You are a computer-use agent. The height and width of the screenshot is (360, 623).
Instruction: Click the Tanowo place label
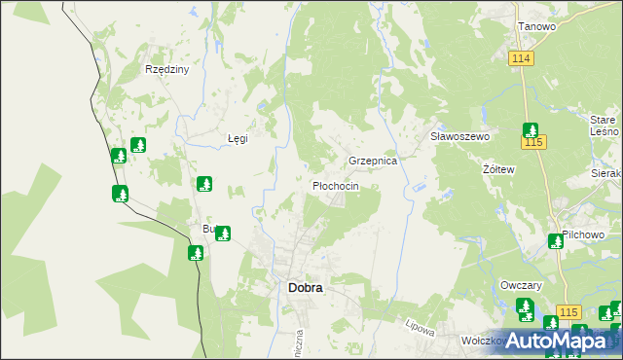pyautogui.click(x=536, y=26)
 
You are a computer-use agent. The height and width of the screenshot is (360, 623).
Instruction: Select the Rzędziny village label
pyautogui.click(x=166, y=70)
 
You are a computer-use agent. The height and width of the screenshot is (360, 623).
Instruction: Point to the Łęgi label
pyautogui.click(x=238, y=138)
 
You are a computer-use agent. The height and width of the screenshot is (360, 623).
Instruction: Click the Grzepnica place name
pyautogui.click(x=373, y=161)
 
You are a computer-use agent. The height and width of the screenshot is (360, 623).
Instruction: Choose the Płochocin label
pyautogui.click(x=335, y=186)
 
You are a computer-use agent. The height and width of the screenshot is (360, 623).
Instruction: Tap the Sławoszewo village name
pyautogui.click(x=459, y=137)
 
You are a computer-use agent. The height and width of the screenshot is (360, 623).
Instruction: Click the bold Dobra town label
pyautogui.click(x=306, y=288)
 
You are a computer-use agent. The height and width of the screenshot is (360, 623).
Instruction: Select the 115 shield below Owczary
pyautogui.click(x=569, y=310)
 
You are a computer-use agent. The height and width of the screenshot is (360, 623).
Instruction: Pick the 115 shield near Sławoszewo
pyautogui.click(x=534, y=143)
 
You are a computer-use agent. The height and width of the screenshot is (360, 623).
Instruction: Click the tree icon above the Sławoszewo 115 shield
pyautogui.click(x=531, y=129)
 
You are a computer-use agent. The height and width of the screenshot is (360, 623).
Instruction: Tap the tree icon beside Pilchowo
pyautogui.click(x=556, y=240)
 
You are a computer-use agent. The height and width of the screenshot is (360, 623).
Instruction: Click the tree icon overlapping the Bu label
pyautogui.click(x=223, y=234)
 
